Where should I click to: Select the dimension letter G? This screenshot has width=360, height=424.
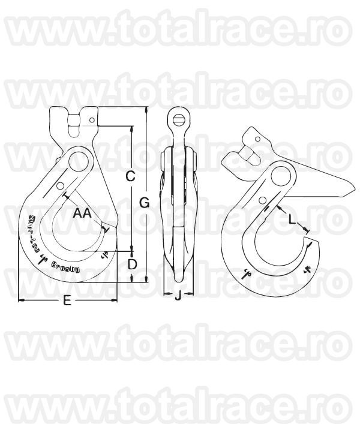coord(145,203)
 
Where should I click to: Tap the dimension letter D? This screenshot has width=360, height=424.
coord(133,264)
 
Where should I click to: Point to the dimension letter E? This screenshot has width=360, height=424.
coord(67,302)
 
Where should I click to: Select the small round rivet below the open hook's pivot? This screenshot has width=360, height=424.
coord(263,200)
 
